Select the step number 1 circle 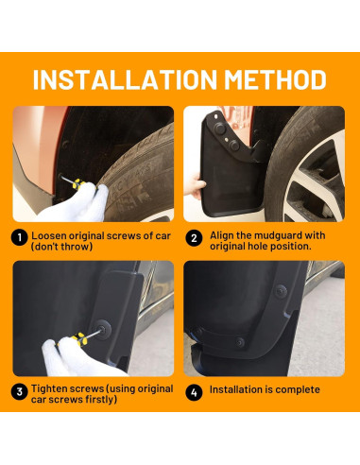pos(18,238)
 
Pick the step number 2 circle pos(193,238)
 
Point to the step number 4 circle pos(193,389)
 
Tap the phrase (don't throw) pos(63,246)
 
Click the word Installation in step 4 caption pos(239,389)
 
